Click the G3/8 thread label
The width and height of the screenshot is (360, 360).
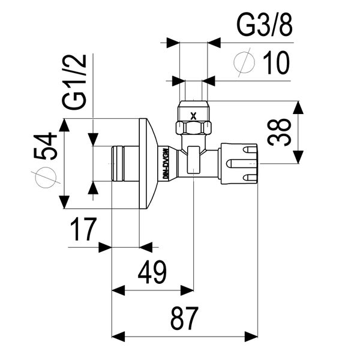(264, 26)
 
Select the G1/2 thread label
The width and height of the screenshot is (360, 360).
(76, 82)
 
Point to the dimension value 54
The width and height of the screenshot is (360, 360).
(47, 146)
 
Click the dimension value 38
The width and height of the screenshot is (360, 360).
(280, 132)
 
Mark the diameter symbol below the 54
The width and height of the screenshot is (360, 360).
(47, 178)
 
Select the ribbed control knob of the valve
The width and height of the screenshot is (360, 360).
(239, 163)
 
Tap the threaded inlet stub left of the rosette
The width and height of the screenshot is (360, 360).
(125, 163)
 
